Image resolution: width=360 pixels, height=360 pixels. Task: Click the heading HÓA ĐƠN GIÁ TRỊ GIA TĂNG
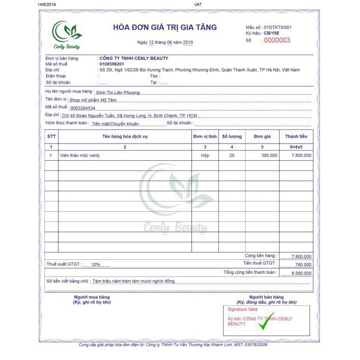pos(165,27)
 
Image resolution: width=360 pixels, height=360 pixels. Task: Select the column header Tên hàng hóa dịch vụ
pos(125,137)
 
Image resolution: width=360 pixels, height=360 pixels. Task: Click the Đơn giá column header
pos(263,137)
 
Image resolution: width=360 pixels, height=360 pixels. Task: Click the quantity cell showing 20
pos(232,155)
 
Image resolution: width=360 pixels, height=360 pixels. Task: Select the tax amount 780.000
pos(303,264)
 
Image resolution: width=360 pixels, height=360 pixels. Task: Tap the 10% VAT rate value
pos(96,264)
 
